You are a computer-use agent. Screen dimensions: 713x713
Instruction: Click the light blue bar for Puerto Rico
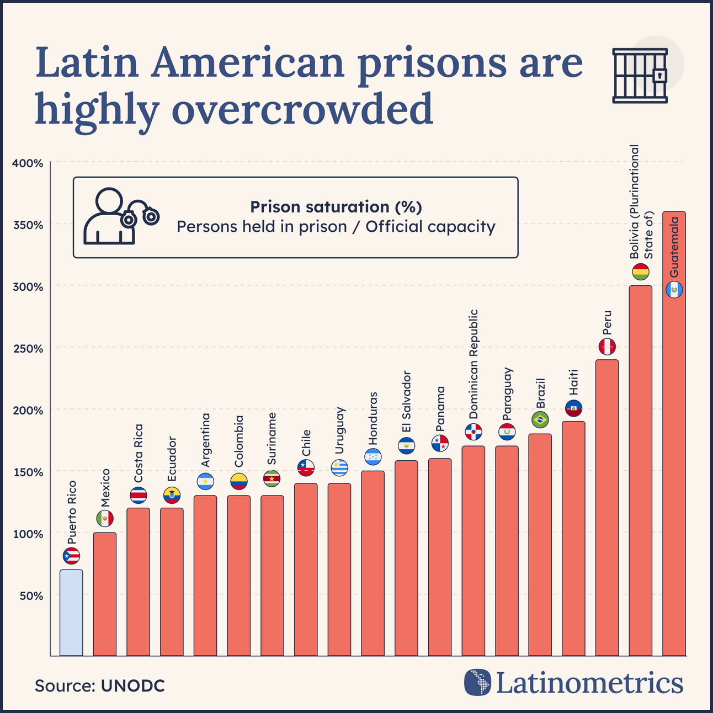pyautogui.click(x=71, y=613)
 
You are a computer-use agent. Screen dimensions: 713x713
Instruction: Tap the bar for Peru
pyautogui.click(x=607, y=508)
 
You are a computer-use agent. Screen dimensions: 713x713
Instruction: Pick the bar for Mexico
pyautogui.click(x=104, y=594)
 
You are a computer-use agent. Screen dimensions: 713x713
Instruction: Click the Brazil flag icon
pyautogui.click(x=540, y=419)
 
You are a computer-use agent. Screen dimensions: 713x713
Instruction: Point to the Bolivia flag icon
pyautogui.click(x=641, y=272)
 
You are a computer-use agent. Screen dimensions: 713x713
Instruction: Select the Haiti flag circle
pyautogui.click(x=574, y=408)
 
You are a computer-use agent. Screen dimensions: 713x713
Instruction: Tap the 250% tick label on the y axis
pyautogui.click(x=28, y=349)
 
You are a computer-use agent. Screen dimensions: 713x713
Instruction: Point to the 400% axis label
pyautogui.click(x=28, y=163)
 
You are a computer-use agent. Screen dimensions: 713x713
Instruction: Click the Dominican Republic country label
pyautogui.click(x=473, y=365)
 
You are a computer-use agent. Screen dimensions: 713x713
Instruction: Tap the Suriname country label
pyautogui.click(x=272, y=439)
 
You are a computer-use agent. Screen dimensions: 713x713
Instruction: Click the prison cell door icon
pyautogui.click(x=640, y=75)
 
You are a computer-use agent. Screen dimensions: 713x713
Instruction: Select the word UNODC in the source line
pyautogui.click(x=133, y=686)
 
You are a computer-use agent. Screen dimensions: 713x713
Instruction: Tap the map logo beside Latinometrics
pyautogui.click(x=477, y=683)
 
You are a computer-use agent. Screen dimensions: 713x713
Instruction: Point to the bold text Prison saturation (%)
pyautogui.click(x=336, y=207)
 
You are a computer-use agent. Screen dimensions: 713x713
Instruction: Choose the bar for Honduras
pyautogui.click(x=373, y=563)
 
